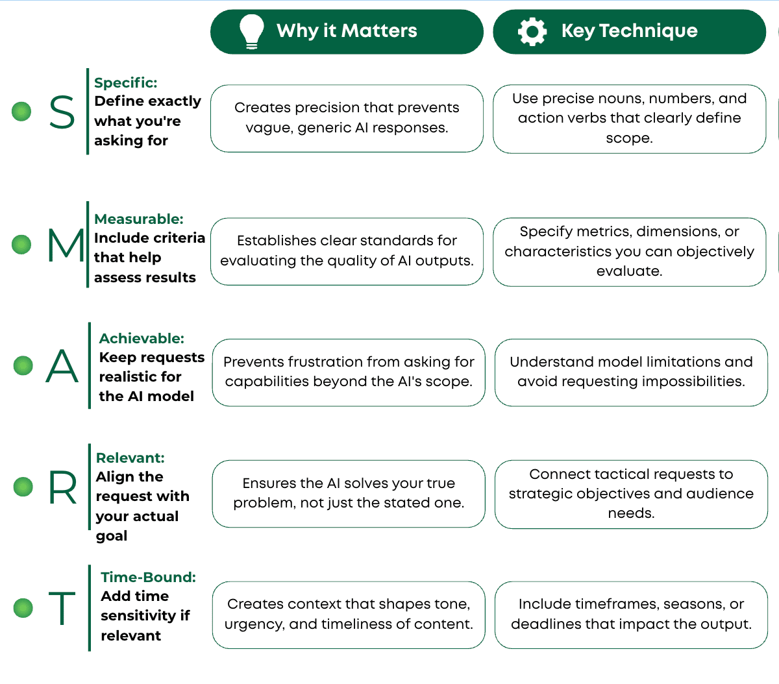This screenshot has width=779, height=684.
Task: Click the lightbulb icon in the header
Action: point(251,32)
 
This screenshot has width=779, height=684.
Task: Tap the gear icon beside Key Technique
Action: point(532,32)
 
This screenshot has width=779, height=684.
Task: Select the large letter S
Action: point(62,112)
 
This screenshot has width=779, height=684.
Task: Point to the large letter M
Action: point(66,245)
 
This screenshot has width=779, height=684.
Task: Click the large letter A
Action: point(62,365)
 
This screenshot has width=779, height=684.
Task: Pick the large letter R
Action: point(63,487)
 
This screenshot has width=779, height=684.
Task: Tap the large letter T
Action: point(62,608)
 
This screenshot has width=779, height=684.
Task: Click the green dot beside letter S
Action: point(21,112)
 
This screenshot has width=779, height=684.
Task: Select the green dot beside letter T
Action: point(23,608)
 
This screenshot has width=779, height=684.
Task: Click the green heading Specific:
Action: point(126,82)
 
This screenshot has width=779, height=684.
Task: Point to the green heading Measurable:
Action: point(139,219)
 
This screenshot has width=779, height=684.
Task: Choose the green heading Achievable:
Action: point(142,338)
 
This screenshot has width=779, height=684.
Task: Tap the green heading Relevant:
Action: point(130,458)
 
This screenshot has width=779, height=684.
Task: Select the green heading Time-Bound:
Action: point(149,577)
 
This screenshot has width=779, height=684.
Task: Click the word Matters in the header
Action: point(378,31)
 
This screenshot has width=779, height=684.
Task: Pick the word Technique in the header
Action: point(649,31)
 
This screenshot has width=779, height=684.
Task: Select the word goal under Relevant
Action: point(112,536)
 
